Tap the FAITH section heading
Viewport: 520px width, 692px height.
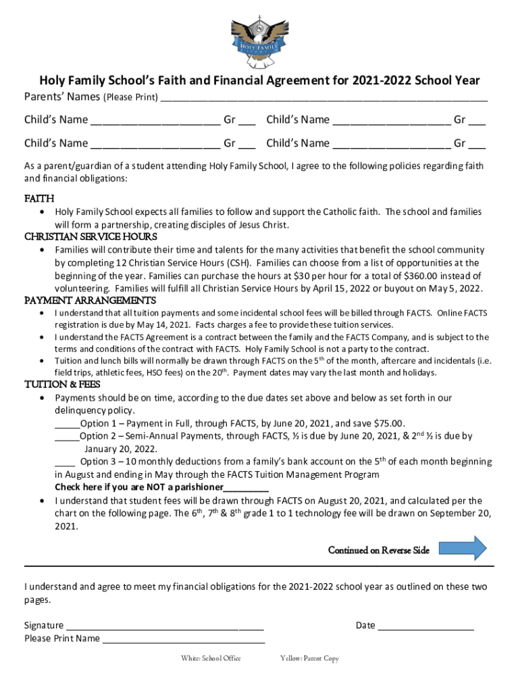pos(39,199)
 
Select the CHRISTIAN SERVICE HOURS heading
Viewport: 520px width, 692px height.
pos(90,237)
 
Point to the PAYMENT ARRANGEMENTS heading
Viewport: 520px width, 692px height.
pos(90,300)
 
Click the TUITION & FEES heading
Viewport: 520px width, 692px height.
pos(62,385)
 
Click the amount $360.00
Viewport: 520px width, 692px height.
pos(423,276)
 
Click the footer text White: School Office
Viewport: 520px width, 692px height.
pos(211,658)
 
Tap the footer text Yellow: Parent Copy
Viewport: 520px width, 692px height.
pos(309,658)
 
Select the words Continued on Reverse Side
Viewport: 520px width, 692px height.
pos(378,550)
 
